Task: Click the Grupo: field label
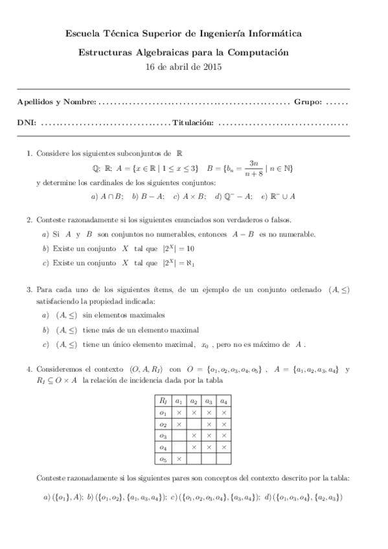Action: click(308, 102)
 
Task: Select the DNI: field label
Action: click(27, 122)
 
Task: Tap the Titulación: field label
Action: click(192, 122)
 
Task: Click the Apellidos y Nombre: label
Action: click(57, 102)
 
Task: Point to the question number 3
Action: click(29, 291)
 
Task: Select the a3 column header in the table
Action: click(209, 400)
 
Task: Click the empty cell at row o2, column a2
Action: click(194, 423)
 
